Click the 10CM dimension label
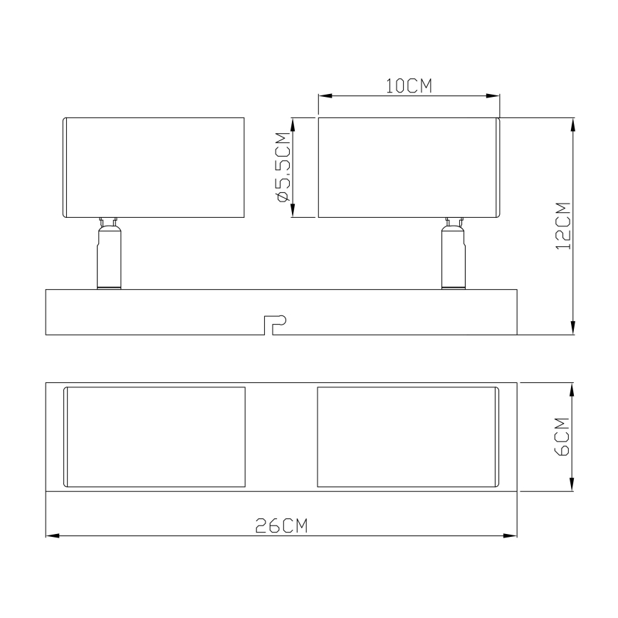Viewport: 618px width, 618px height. click(x=409, y=86)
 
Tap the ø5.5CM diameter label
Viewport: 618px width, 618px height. click(x=284, y=167)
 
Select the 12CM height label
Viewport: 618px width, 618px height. click(x=563, y=226)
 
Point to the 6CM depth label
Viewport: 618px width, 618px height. click(x=562, y=436)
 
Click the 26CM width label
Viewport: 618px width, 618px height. click(x=281, y=525)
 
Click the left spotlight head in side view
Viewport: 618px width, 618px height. click(x=154, y=167)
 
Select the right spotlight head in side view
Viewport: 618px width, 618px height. click(x=409, y=167)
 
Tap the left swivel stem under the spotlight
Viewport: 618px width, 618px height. click(x=109, y=253)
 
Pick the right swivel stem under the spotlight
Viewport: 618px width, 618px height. click(x=454, y=253)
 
